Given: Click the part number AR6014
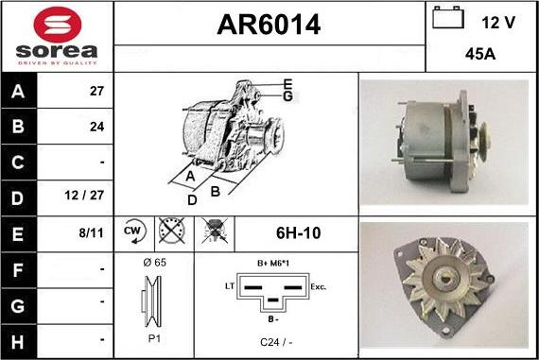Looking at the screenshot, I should coord(269,26).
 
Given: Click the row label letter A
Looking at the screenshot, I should coord(17,93).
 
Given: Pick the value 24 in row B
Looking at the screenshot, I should coord(96,126).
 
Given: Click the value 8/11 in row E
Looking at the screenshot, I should coord(93,231).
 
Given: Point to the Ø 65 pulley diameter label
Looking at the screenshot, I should coord(153,262).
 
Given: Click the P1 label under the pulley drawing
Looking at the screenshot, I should coord(153,336).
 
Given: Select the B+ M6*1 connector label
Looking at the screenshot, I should coord(273,263).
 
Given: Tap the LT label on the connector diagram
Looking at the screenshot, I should coord(228,283).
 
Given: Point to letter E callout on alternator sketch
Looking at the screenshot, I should coord(287,84).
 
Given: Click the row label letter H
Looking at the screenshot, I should coord(17,338).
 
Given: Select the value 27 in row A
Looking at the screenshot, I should coord(96,92).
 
